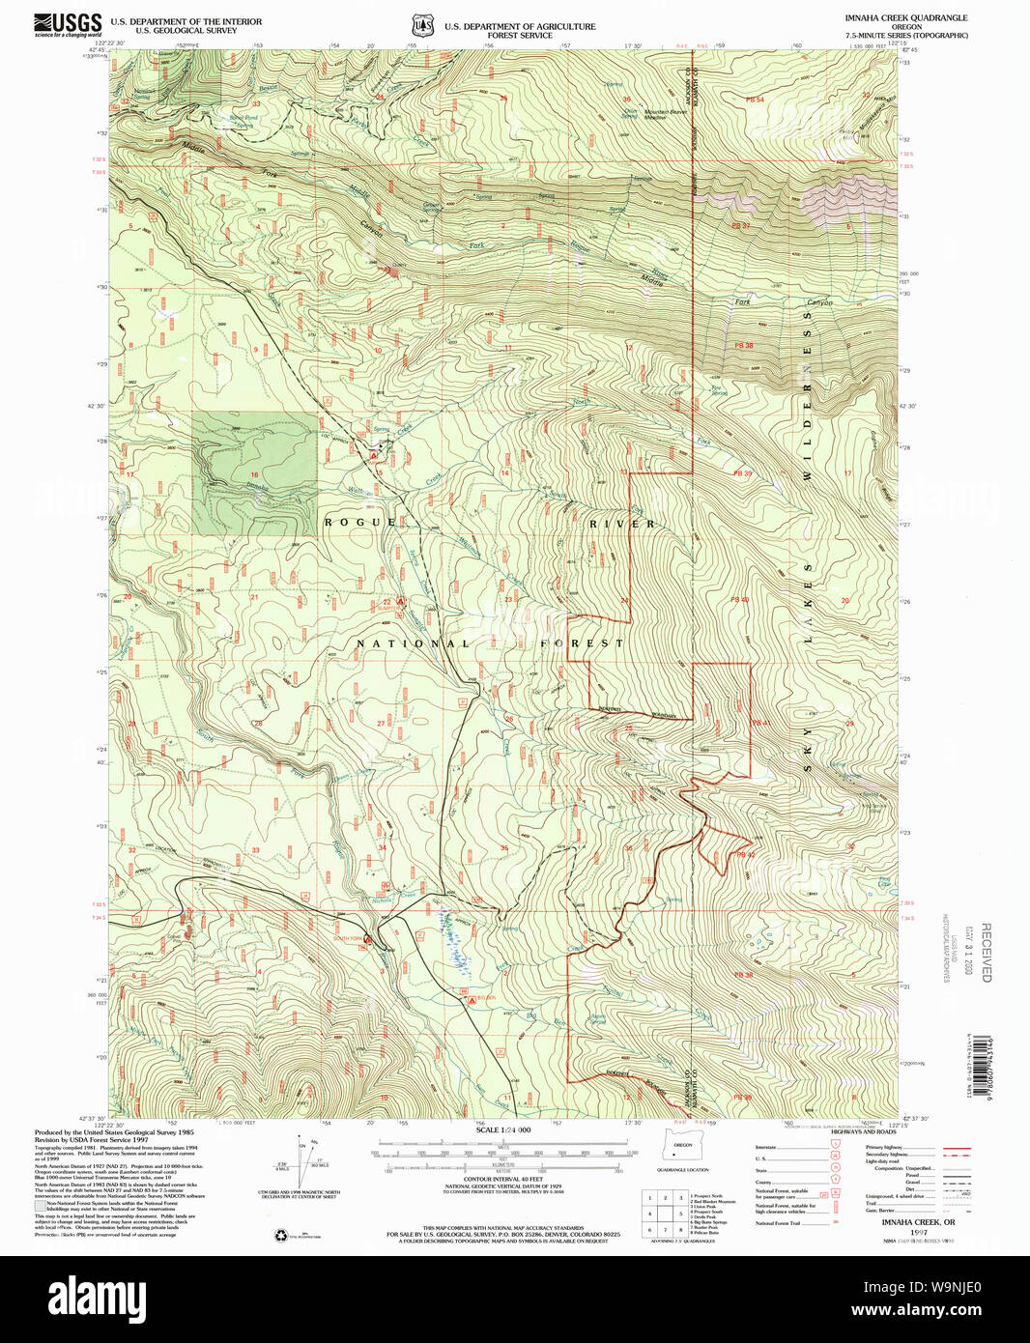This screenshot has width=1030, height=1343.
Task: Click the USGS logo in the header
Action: [68, 24]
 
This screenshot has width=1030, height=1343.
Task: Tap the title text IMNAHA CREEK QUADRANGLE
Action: [905, 18]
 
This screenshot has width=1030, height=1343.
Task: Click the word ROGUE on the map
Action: [359, 523]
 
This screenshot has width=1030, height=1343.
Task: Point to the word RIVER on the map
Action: [622, 524]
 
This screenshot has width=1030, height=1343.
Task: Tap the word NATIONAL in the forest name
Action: [413, 643]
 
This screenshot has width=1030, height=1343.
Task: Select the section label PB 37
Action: [741, 225]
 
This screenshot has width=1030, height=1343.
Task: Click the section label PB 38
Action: [743, 345]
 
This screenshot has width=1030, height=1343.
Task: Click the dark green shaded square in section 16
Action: [254, 473]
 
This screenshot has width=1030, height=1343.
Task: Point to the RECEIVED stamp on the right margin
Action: [987, 952]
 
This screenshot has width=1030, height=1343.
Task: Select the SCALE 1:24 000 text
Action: [503, 1129]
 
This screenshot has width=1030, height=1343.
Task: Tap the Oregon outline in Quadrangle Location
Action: [683, 1151]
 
